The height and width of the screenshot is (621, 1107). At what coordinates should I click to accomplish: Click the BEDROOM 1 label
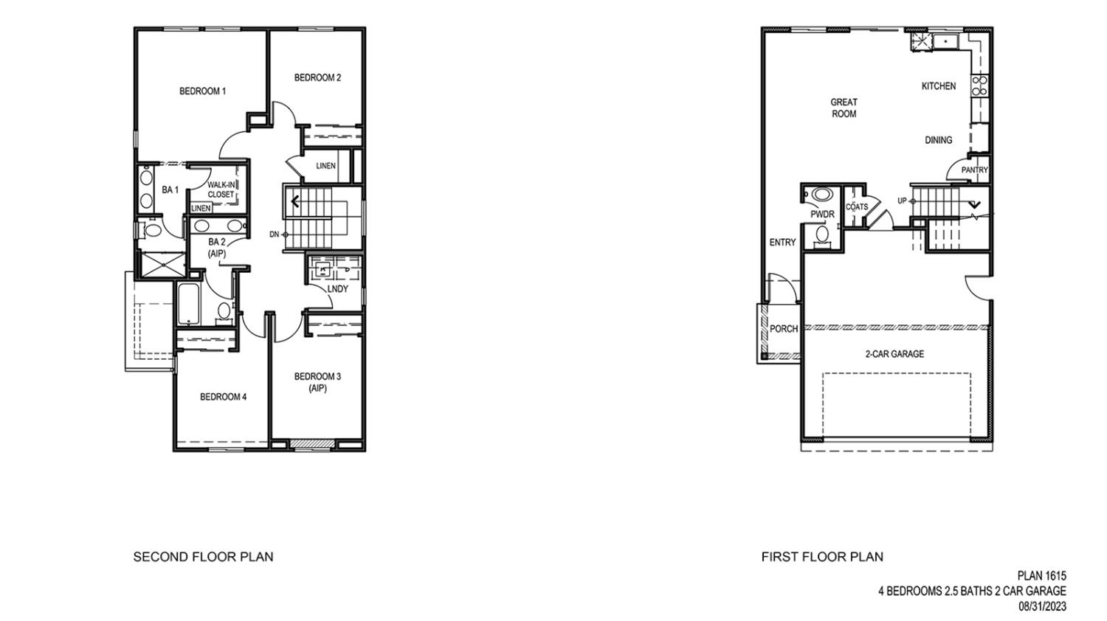[202, 91]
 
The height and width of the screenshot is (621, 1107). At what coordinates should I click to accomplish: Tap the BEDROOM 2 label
[317, 77]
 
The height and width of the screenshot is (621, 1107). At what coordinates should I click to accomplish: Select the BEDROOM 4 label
[223, 397]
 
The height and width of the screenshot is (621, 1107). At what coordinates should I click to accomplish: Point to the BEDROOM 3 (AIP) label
[317, 382]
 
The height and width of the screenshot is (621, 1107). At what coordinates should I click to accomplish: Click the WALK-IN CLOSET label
[221, 190]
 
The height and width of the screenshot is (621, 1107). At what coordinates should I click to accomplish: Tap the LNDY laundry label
[337, 288]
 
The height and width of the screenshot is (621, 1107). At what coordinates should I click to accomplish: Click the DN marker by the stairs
[274, 235]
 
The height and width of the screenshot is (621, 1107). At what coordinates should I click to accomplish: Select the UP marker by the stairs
[902, 201]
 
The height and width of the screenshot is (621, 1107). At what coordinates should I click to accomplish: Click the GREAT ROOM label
[844, 108]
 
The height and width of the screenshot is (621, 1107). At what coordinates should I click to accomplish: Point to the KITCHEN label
[938, 86]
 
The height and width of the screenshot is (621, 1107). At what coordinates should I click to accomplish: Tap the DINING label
[938, 140]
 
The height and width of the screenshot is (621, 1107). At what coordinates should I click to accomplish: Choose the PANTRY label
[974, 170]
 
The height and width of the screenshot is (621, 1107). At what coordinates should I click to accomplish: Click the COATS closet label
[857, 207]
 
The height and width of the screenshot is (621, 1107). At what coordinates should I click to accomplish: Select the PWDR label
[821, 215]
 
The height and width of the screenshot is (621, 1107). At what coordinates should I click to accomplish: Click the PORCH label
[783, 329]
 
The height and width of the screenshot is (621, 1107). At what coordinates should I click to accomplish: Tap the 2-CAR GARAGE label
[894, 354]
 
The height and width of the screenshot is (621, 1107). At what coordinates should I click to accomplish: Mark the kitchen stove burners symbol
[980, 86]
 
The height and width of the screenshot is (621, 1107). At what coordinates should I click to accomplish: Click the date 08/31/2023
[1042, 606]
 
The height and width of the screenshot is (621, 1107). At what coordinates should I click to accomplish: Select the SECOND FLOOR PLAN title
[203, 557]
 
